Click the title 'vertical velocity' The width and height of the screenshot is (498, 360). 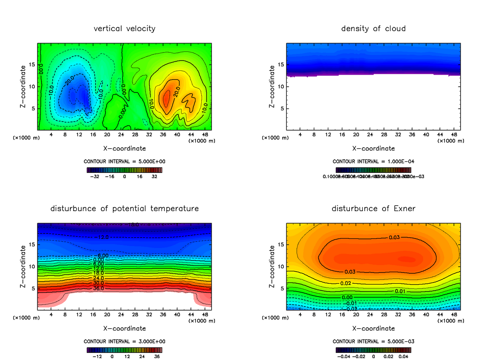point(124,29)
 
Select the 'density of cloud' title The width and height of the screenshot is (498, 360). point(373,29)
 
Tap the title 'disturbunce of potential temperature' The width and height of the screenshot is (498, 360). point(124,208)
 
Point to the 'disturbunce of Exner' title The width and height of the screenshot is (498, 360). point(373,208)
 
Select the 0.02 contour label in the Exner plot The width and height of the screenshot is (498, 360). point(347,283)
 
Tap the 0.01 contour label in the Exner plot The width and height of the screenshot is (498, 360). point(400,291)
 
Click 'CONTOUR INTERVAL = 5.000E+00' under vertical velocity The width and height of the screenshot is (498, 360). point(124,161)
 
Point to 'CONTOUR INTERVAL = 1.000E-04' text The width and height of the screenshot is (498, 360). point(373,161)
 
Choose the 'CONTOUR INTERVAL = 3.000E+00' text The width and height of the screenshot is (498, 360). point(124,341)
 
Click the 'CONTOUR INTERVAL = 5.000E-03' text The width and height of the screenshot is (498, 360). point(373,341)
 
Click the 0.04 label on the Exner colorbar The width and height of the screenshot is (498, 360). point(404,356)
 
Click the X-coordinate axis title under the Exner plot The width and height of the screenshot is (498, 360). point(373,328)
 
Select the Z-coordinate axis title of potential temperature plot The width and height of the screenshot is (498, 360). point(23,266)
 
